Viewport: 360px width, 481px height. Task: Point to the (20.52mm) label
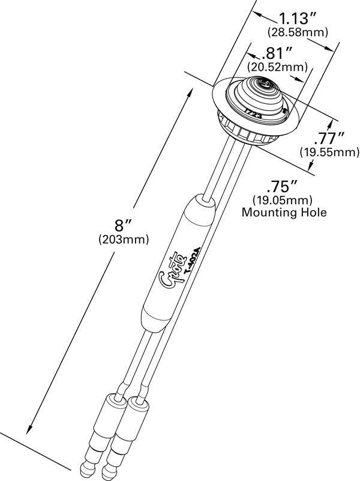[x=278, y=67]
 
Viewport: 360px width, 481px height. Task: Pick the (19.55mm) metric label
[x=330, y=153]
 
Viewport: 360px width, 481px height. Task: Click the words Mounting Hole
[x=284, y=212]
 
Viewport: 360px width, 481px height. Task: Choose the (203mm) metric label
[x=122, y=240]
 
